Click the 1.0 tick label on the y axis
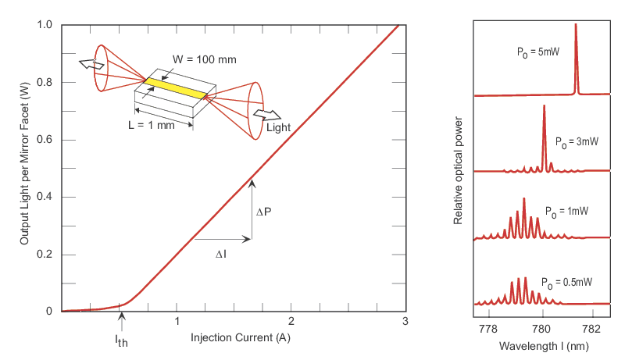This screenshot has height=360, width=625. (44, 25)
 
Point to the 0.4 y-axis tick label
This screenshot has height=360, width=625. (44, 197)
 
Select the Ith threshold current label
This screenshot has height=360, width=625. (120, 341)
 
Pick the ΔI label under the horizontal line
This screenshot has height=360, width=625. (222, 254)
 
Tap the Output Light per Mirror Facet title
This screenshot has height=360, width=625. (24, 167)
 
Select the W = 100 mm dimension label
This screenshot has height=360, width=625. (205, 59)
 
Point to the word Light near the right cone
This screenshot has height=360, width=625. (278, 127)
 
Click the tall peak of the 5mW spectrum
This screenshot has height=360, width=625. (576, 31)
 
